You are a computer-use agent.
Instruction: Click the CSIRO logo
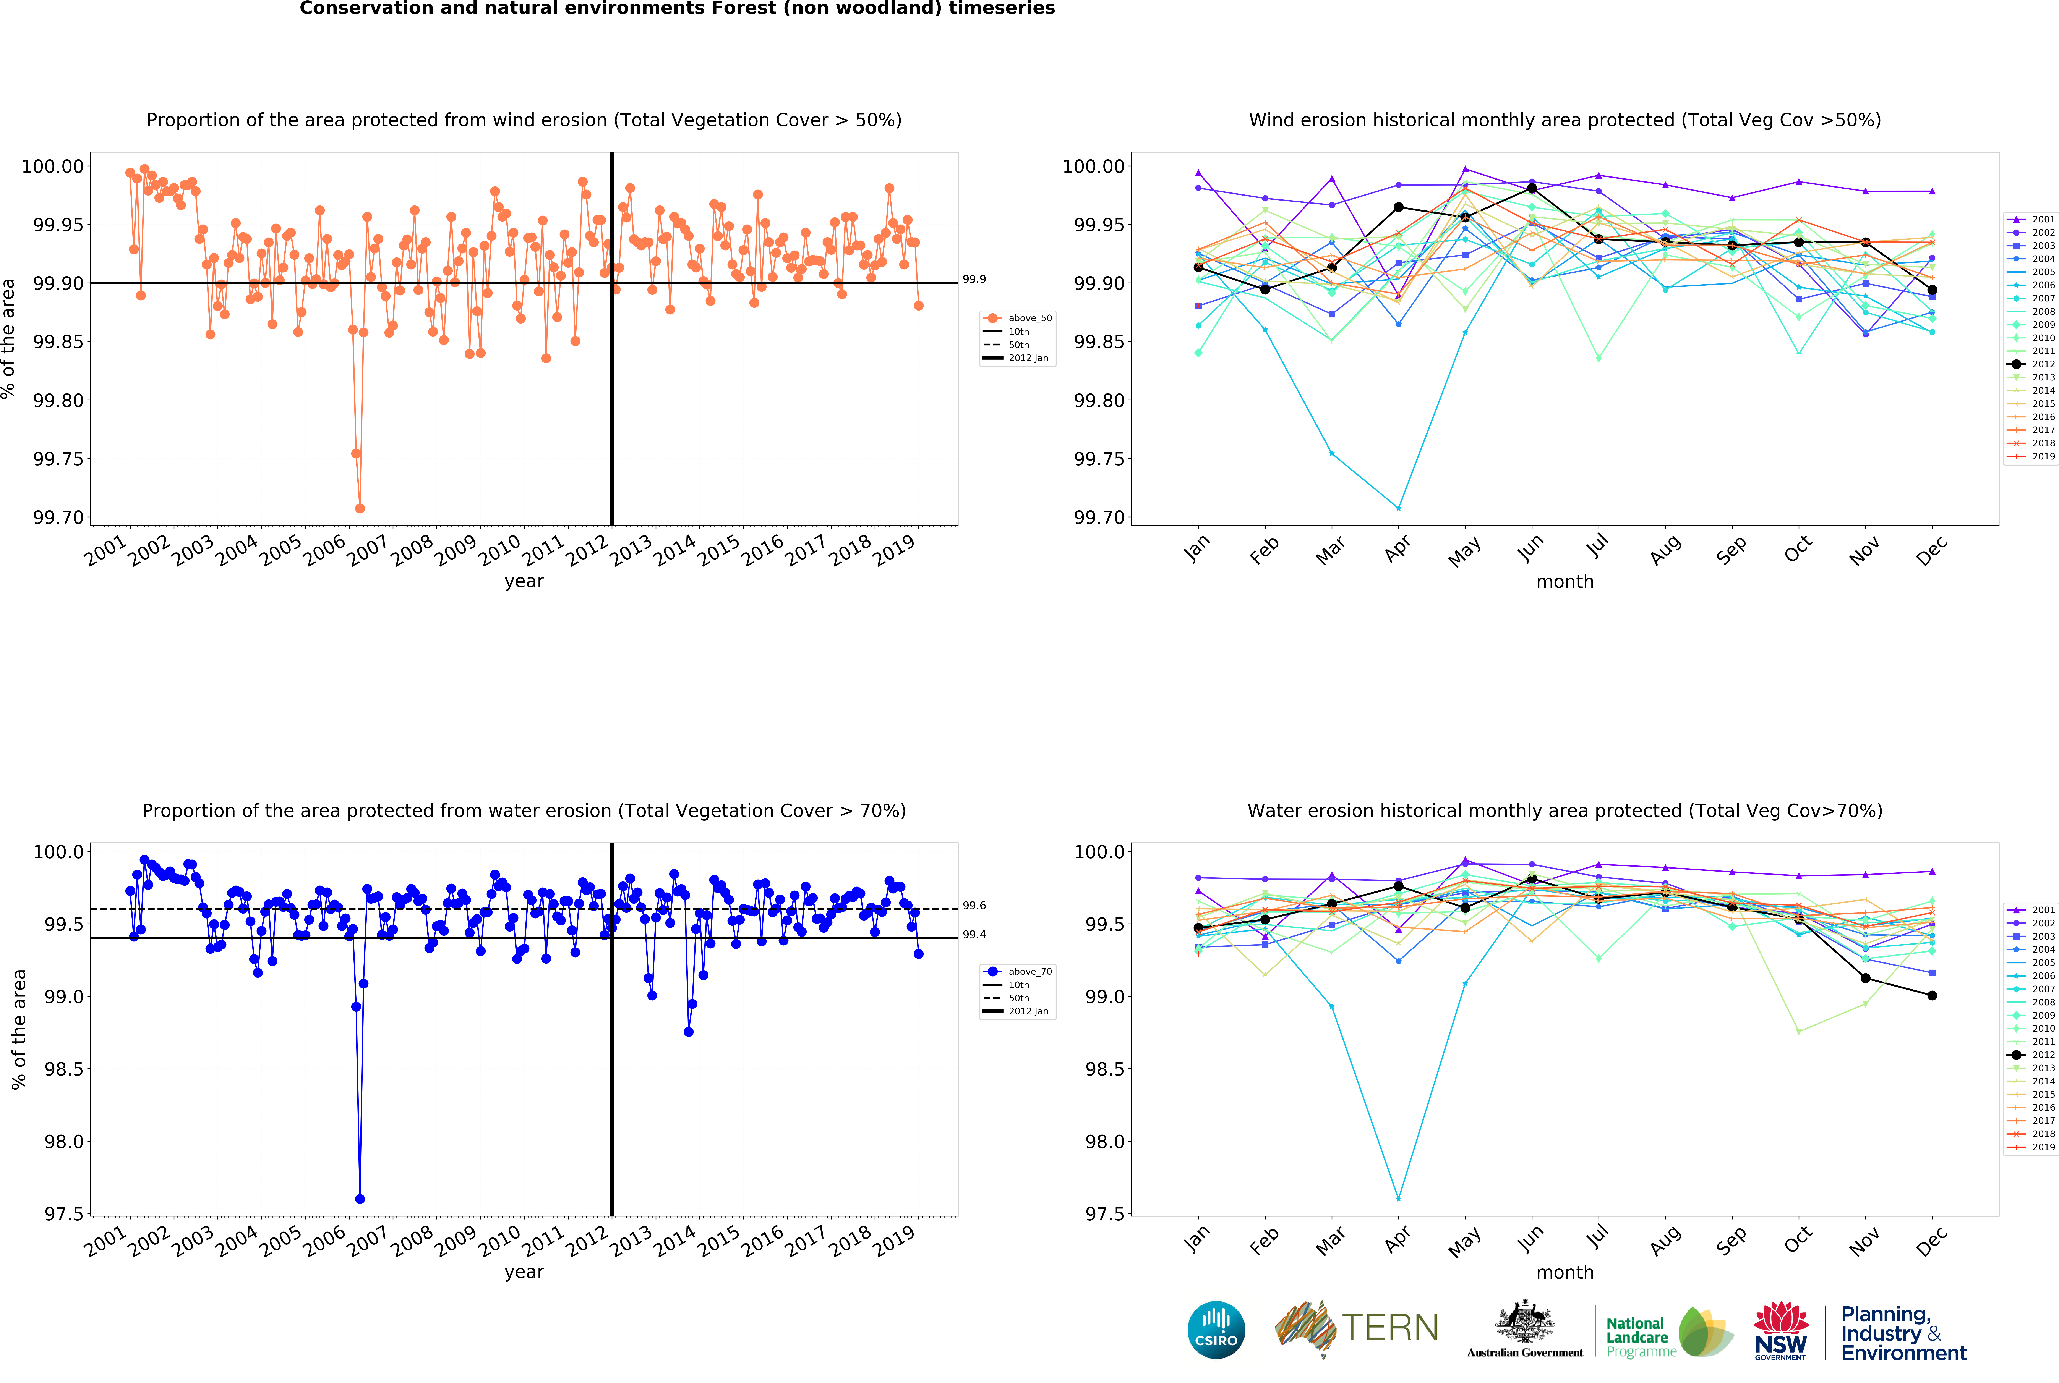point(1216,1329)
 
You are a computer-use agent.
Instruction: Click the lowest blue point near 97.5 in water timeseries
point(360,1199)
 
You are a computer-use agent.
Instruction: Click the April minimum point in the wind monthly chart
point(1398,508)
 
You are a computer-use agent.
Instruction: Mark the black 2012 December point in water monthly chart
point(1932,995)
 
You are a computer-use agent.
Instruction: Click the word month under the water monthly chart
point(1564,1272)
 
